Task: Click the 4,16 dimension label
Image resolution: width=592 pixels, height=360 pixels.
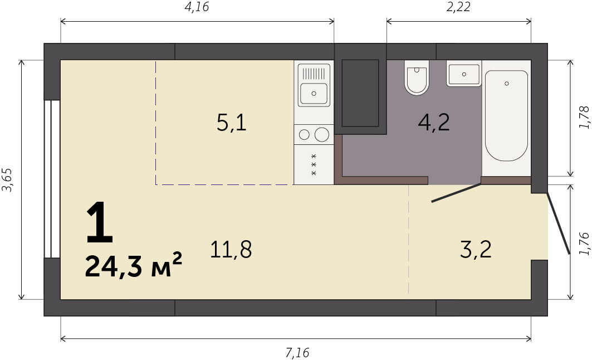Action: [197, 7]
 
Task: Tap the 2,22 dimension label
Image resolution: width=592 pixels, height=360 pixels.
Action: [458, 7]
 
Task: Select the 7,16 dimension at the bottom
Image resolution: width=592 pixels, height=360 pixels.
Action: [297, 353]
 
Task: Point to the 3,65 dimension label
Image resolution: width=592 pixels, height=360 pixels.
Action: [8, 180]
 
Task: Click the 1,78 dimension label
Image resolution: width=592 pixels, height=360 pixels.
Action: [584, 118]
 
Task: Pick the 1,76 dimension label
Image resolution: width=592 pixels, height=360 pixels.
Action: [584, 244]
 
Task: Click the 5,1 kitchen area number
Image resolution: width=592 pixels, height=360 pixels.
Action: [232, 123]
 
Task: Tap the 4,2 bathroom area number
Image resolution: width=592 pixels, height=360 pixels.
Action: [434, 123]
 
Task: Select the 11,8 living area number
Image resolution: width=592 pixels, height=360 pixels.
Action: [231, 249]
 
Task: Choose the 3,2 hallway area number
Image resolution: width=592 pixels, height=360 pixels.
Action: [476, 249]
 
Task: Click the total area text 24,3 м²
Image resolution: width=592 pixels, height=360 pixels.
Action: [134, 265]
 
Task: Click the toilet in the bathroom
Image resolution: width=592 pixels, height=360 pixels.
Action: [417, 77]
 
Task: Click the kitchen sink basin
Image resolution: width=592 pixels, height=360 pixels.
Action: [314, 93]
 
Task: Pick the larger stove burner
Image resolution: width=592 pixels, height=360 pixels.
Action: [322, 134]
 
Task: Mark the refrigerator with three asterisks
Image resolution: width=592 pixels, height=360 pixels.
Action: [314, 165]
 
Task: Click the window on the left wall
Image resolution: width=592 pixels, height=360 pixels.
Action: [52, 179]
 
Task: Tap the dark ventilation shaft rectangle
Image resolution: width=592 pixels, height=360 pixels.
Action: [360, 93]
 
